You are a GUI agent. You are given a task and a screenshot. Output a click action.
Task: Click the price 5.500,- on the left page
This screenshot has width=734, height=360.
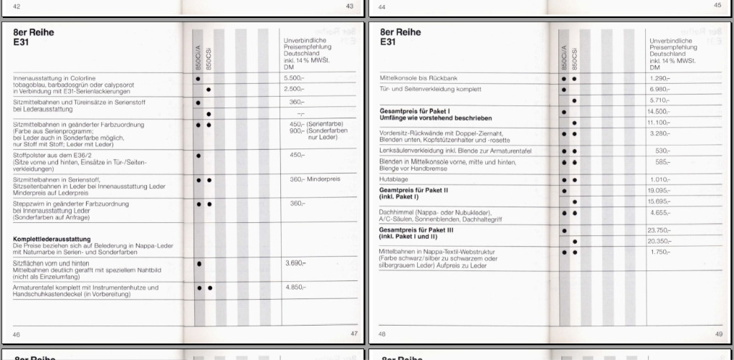pyautogui.click(x=295, y=77)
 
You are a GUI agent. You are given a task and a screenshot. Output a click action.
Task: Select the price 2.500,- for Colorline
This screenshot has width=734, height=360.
pyautogui.click(x=295, y=89)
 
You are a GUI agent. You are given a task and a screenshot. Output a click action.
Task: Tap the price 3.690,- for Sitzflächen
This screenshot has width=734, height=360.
pyautogui.click(x=295, y=264)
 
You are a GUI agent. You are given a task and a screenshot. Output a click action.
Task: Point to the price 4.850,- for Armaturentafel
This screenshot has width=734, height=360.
pyautogui.click(x=295, y=287)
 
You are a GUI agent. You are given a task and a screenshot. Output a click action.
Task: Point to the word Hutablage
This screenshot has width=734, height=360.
pyautogui.click(x=391, y=180)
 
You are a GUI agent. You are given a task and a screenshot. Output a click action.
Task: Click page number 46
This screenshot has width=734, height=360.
pyautogui.click(x=16, y=334)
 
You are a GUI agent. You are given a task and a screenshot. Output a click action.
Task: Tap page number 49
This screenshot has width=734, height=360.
pyautogui.click(x=718, y=334)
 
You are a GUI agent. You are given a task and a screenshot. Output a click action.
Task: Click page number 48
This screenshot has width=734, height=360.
pyautogui.click(x=382, y=334)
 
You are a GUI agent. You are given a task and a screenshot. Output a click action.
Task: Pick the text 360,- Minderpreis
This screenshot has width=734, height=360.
pyautogui.click(x=313, y=179)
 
